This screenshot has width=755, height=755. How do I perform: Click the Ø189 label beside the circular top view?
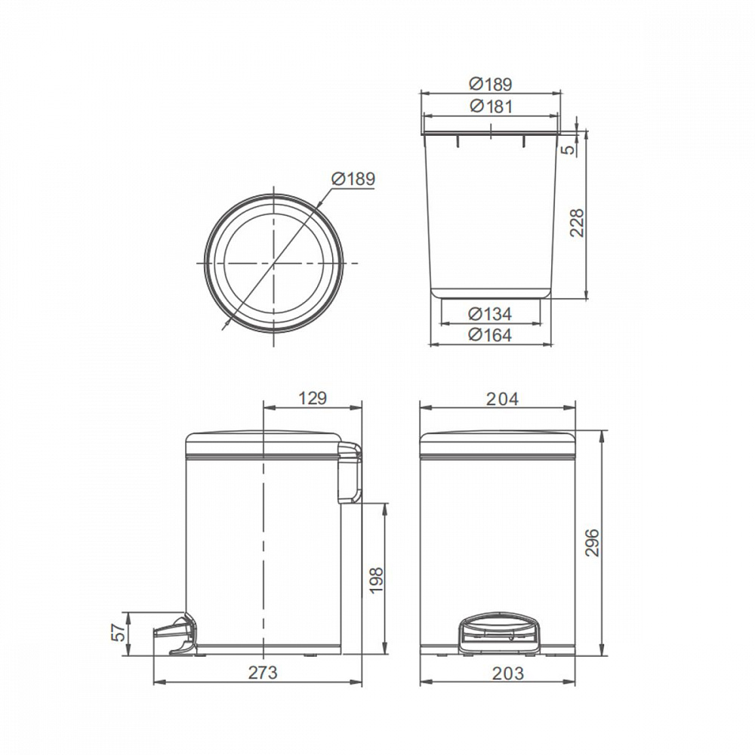pos(353,179)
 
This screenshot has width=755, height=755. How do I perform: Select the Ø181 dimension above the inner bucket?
pos(492,106)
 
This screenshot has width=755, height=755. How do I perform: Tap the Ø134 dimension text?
pos(490,314)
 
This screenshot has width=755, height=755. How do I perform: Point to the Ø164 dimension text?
pos(490,335)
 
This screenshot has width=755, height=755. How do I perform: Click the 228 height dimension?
pos(578,222)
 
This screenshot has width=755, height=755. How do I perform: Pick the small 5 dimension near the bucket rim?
pos(569,149)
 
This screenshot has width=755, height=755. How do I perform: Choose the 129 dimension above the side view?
pos(313,399)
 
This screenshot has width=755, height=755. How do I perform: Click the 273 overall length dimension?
pos(263,673)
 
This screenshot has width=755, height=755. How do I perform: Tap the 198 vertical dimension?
pos(376,580)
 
